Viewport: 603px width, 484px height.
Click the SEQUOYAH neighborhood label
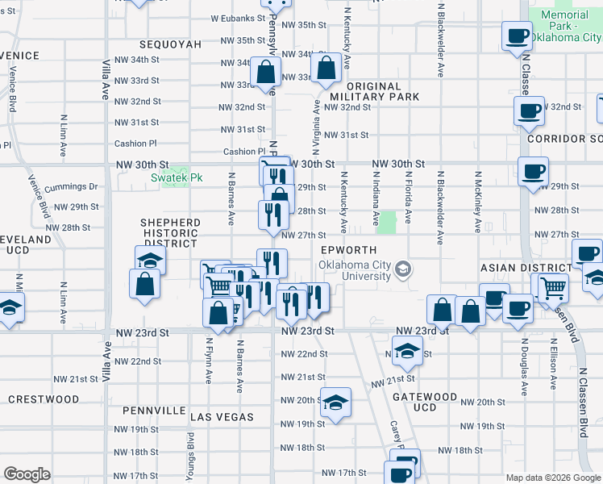click(x=169, y=44)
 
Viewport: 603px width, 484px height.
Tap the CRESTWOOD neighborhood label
click(x=44, y=399)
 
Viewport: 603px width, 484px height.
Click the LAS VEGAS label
click(x=222, y=417)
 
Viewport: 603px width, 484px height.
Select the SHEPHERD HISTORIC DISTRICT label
click(x=169, y=232)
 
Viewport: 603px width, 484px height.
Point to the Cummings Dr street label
click(x=72, y=187)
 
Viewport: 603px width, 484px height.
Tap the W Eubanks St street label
click(x=238, y=18)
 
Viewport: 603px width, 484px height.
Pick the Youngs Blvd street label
click(x=191, y=456)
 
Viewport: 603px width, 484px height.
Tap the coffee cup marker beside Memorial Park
click(x=517, y=35)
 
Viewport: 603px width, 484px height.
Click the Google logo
click(x=27, y=474)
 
